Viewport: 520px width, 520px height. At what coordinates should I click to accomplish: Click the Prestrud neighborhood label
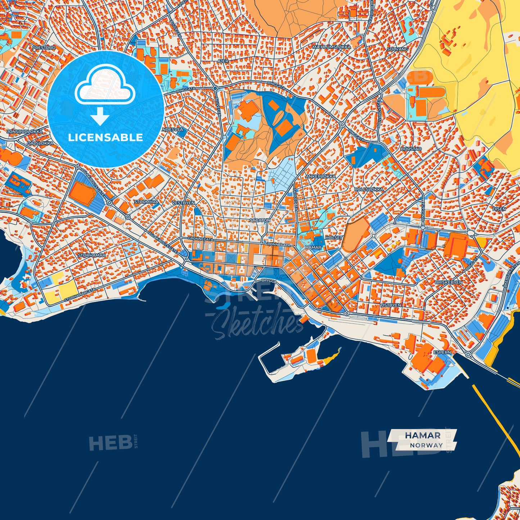[x=44, y=48]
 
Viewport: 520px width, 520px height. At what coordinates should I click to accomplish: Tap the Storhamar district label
[x=92, y=255]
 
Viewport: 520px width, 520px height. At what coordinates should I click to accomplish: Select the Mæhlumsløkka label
[x=331, y=47]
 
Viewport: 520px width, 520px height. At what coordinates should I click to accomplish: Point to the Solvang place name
[x=397, y=49]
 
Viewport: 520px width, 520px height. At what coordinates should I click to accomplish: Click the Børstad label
[x=411, y=149]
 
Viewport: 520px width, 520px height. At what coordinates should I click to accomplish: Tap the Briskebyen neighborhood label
[x=448, y=282]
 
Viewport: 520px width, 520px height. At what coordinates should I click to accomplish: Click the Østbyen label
[x=390, y=305]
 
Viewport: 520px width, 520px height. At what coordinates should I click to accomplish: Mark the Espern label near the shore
[x=442, y=352]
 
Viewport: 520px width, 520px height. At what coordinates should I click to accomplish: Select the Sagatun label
[x=260, y=220]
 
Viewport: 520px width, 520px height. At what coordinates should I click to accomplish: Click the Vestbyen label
[x=183, y=203]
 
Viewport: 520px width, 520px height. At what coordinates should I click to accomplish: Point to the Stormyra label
[x=146, y=202]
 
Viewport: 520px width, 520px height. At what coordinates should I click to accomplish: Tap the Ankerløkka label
[x=321, y=176]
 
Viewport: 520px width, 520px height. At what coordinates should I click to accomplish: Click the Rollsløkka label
[x=369, y=189]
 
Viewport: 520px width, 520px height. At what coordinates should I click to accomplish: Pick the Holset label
[x=334, y=238]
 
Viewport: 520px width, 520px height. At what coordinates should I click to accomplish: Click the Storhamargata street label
[x=80, y=295]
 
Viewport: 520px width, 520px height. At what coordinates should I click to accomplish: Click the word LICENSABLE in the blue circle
[x=105, y=137]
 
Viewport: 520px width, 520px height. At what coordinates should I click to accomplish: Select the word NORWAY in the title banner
[x=426, y=445]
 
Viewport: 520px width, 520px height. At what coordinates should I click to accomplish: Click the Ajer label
[x=223, y=61]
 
